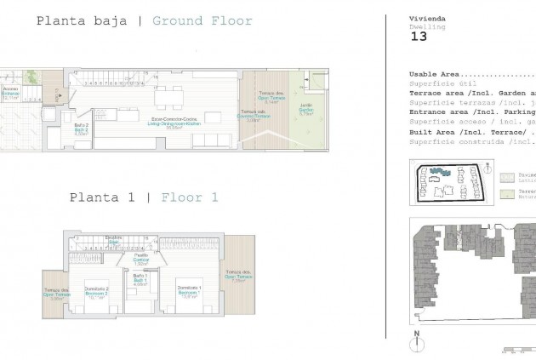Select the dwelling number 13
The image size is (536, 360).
click(419, 36)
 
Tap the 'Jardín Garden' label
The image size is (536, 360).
click(305, 109)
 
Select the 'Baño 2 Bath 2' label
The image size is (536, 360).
click(82, 129)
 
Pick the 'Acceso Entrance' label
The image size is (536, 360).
click(11, 92)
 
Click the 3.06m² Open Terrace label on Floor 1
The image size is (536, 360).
click(56, 294)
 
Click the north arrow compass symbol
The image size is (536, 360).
click(418, 342)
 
